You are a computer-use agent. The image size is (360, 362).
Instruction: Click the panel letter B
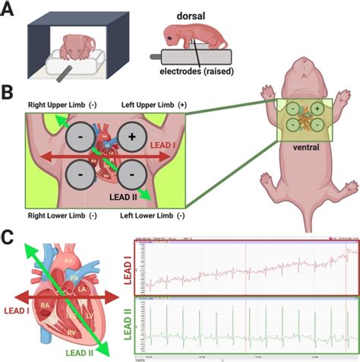[9, 95]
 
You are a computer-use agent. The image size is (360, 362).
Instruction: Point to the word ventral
[308, 148]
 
